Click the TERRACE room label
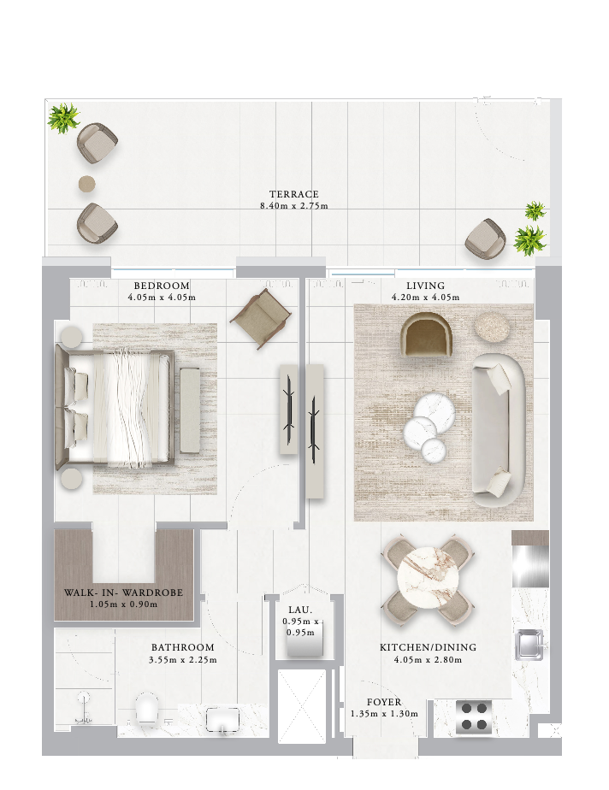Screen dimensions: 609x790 (x=294, y=194)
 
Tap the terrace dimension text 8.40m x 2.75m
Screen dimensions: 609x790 (x=294, y=205)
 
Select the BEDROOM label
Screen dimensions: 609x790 (x=162, y=286)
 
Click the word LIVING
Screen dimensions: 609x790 (x=425, y=286)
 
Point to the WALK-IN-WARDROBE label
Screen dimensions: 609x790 (x=123, y=592)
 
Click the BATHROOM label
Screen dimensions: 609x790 (x=182, y=647)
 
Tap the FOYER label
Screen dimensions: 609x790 (x=384, y=702)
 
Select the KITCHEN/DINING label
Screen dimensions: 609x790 (x=428, y=647)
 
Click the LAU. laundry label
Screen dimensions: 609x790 (x=300, y=610)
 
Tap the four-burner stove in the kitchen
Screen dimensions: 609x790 (x=474, y=716)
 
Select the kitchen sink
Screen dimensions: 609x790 (x=529, y=645)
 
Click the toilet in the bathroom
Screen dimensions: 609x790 (x=147, y=707)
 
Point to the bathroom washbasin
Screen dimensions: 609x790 (x=222, y=719)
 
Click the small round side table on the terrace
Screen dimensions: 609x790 (x=86, y=184)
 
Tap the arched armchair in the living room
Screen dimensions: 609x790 (x=425, y=334)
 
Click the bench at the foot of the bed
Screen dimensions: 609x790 (x=190, y=410)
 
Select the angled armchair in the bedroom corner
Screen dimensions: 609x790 (x=261, y=320)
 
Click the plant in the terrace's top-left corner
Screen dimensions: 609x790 (x=63, y=118)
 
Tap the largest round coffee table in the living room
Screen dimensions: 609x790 (x=435, y=413)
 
